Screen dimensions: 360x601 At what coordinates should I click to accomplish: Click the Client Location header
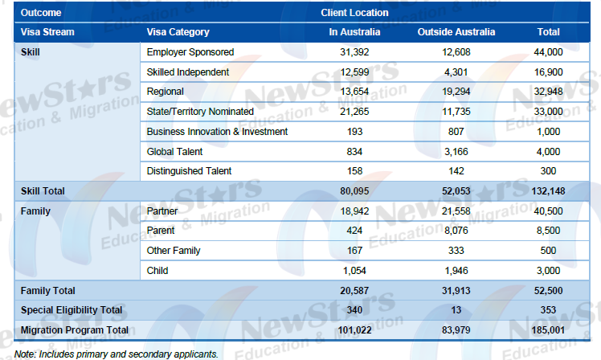[x=354, y=13]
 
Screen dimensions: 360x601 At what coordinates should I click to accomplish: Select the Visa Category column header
[x=178, y=32]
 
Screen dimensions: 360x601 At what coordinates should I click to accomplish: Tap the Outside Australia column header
[x=456, y=32]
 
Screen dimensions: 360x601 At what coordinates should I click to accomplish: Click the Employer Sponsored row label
[x=190, y=52]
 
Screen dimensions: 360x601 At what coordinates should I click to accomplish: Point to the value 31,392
[x=354, y=52]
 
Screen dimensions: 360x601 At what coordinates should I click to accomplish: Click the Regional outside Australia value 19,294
[x=456, y=91]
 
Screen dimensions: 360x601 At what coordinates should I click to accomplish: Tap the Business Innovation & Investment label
[x=217, y=131]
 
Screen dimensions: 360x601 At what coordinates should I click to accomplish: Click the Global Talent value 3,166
[x=456, y=151]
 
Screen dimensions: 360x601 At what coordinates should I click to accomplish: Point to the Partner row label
[x=162, y=211]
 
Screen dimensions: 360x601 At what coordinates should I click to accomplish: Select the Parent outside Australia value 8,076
[x=456, y=231]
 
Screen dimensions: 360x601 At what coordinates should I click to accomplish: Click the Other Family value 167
[x=354, y=251]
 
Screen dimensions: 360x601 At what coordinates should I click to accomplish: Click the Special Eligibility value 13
[x=456, y=310]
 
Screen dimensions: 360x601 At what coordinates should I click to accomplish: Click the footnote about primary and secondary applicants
[x=115, y=352]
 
